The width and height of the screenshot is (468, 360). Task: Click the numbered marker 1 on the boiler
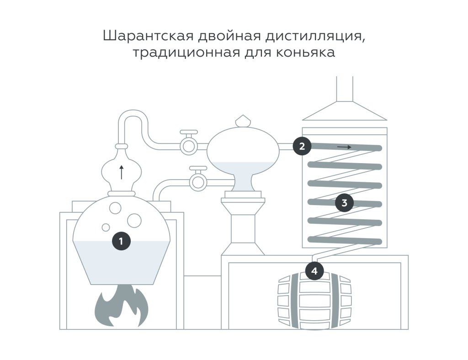tap(121, 241)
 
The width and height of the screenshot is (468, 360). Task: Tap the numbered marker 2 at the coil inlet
tap(302, 146)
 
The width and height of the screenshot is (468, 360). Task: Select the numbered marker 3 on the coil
tap(344, 202)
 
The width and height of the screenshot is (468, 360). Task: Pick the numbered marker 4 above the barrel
tap(314, 271)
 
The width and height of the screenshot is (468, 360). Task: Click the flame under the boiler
tap(121, 306)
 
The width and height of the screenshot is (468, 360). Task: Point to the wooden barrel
tap(314, 302)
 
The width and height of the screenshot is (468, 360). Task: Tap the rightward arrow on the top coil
tap(344, 147)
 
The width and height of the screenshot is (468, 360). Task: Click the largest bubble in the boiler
tap(134, 220)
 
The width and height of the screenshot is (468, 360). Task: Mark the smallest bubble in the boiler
tap(106, 227)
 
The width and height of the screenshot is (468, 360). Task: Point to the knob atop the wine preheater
tap(242, 121)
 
